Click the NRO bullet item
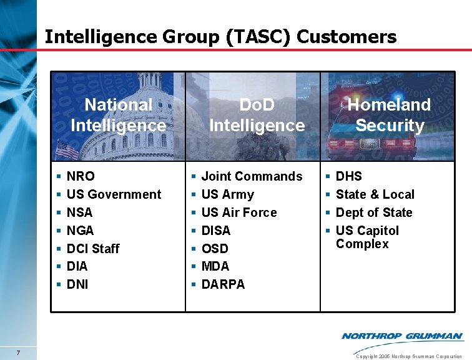81,176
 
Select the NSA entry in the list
79,212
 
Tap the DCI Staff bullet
92,248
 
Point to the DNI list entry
77,284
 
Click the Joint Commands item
252,176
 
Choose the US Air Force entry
239,212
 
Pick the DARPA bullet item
223,284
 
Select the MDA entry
215,266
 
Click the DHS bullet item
348,176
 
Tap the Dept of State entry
374,212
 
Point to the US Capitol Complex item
367,237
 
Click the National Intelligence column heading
119,115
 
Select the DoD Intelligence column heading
257,115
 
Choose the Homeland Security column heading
390,115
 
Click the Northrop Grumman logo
402,336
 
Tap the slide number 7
19,354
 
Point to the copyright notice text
408,356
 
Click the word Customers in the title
347,37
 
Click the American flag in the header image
67,151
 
